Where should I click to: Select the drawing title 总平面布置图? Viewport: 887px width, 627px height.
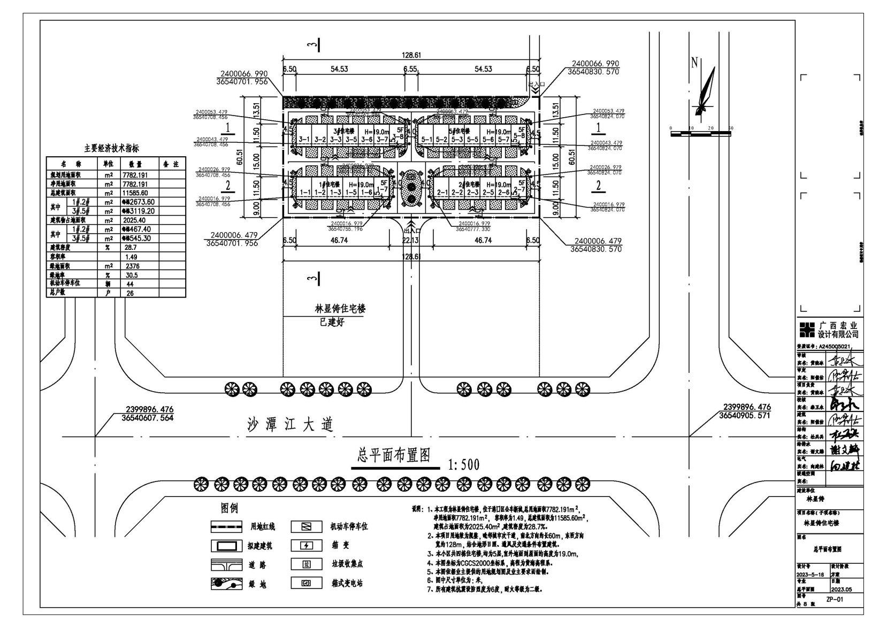[394, 455]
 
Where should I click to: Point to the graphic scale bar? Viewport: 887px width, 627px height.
[701, 132]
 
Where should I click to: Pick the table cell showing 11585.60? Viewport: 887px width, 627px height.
[137, 193]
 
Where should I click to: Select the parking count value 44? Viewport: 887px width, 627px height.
[131, 284]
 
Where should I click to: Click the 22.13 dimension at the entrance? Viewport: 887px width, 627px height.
[410, 241]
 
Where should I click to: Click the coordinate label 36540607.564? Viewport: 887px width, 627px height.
[143, 418]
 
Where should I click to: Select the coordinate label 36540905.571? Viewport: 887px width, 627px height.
[745, 415]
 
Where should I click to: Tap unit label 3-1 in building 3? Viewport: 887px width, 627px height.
[304, 140]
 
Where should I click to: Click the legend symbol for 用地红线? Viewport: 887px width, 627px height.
[227, 527]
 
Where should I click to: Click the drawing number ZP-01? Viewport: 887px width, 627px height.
[835, 600]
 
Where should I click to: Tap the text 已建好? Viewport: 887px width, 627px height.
[332, 322]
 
